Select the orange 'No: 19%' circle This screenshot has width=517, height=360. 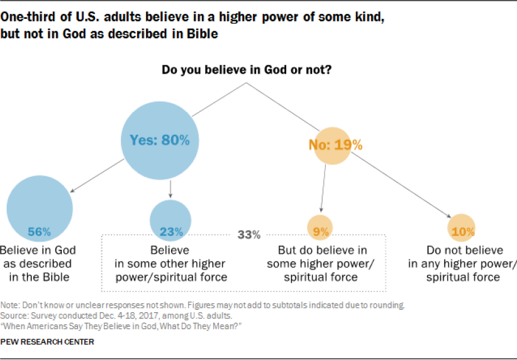coord(335,145)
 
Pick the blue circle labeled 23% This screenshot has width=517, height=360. coord(170,220)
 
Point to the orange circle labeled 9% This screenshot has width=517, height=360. coord(321,230)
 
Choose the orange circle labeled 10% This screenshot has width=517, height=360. coord(462,230)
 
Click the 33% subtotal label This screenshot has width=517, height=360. coord(249,235)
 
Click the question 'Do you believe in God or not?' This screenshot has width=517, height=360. coord(247,70)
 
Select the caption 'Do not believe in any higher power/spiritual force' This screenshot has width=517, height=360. coord(462,264)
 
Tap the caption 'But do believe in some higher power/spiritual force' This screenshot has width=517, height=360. coord(321,264)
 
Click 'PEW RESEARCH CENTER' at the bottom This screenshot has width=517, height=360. coord(48,342)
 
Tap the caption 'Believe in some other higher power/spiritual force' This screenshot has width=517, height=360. coord(170,264)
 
